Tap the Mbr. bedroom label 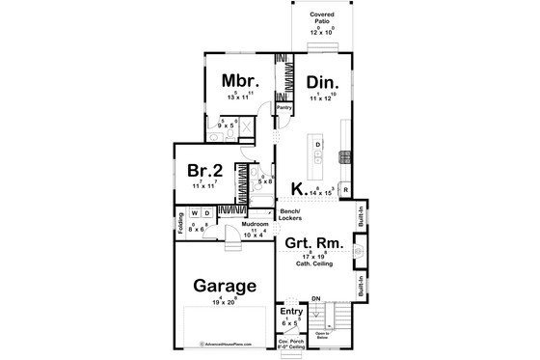coord(237,79)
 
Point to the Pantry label coord(284,107)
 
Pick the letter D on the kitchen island coord(318,146)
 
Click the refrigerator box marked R coord(345,189)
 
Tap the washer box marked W coord(194,214)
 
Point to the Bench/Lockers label coord(290,214)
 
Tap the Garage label coord(223,286)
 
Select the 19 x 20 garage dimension coord(223,303)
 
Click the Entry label coord(291,313)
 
